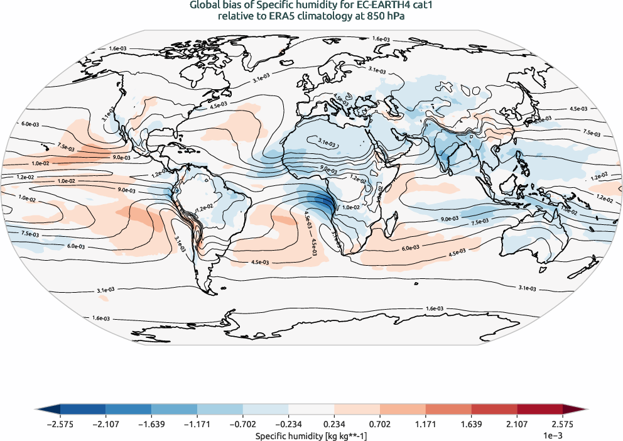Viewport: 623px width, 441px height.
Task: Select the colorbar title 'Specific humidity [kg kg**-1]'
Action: click(x=311, y=435)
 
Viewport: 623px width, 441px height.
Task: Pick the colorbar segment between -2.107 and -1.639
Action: click(x=129, y=409)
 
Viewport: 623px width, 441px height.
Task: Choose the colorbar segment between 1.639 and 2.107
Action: click(x=494, y=409)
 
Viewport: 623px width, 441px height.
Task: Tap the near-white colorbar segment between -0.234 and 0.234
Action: click(x=311, y=409)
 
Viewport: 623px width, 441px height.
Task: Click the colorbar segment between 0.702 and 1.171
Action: click(x=403, y=409)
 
